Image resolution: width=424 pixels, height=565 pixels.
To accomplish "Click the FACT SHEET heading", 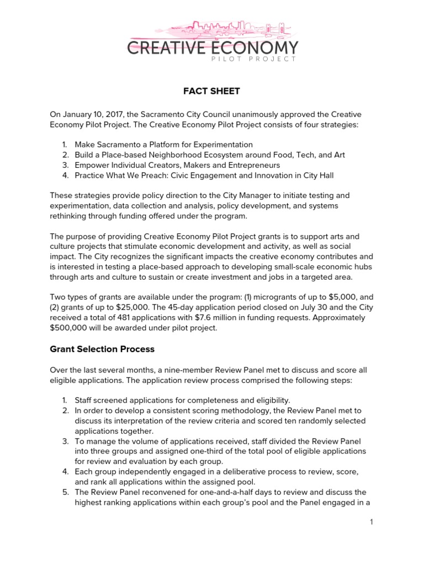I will click(x=212, y=90).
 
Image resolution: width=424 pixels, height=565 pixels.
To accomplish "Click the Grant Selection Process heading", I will click(x=102, y=349).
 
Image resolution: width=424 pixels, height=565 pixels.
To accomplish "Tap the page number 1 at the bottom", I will click(x=373, y=522).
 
